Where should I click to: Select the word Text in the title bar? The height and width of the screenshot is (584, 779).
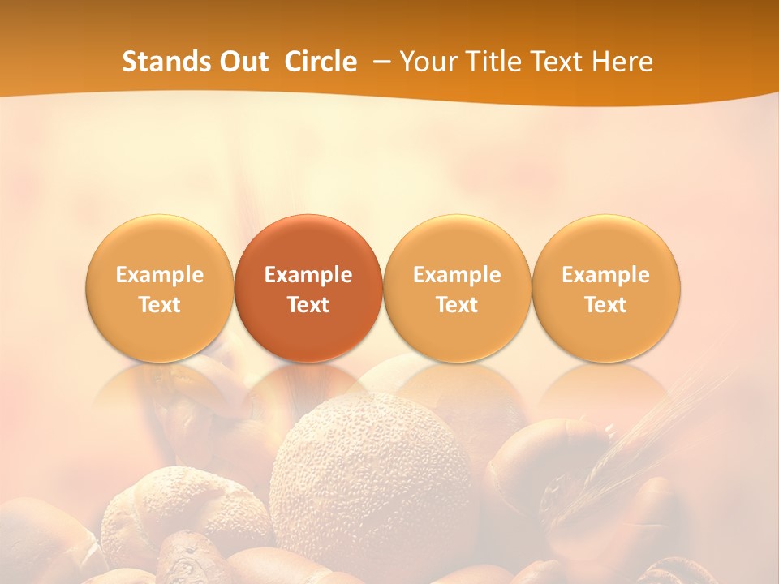(562, 62)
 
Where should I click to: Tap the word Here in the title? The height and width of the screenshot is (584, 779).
(625, 62)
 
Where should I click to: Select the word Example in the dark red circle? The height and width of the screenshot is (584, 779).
(308, 275)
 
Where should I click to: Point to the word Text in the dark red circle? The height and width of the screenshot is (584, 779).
(308, 305)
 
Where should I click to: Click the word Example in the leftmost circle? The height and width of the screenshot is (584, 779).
(160, 275)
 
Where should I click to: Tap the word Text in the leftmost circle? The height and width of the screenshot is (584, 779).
(160, 305)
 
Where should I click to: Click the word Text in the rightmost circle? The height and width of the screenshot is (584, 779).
(606, 305)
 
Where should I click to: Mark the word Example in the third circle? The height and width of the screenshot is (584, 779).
(457, 275)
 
